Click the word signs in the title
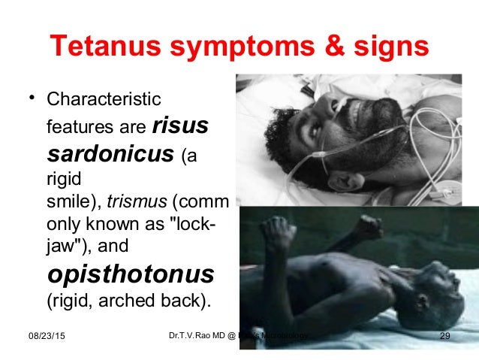390,47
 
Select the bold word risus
180,126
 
